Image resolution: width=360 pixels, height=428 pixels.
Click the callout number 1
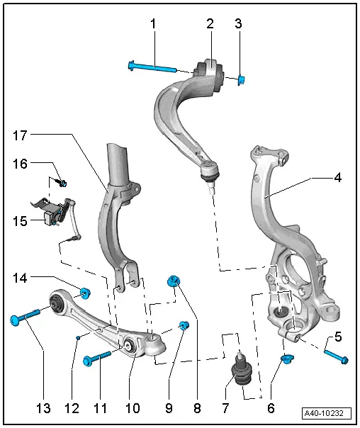(152, 24)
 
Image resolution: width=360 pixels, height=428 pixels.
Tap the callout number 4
(338, 178)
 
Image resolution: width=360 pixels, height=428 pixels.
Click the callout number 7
(225, 409)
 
